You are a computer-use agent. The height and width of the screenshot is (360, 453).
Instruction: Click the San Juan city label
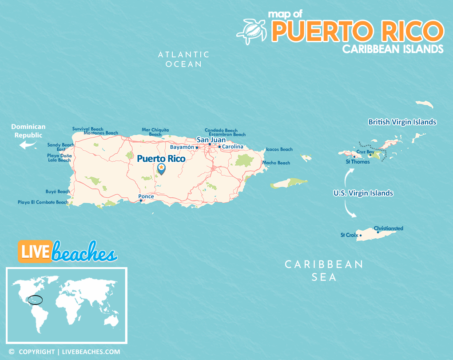click(211, 140)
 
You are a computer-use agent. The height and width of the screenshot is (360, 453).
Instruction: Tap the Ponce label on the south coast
click(146, 196)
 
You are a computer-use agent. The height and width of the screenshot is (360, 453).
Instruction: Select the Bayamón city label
click(182, 147)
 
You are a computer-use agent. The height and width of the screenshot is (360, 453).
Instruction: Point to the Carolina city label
click(233, 147)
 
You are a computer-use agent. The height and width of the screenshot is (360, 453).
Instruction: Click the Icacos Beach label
click(279, 149)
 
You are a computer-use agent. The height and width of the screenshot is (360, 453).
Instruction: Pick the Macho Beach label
click(276, 163)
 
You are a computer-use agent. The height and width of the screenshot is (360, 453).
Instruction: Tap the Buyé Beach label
click(58, 192)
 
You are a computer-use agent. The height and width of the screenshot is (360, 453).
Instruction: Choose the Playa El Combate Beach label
click(43, 202)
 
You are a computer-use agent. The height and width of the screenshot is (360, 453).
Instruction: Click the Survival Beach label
click(88, 129)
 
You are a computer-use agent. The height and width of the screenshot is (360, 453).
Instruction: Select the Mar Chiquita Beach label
click(155, 132)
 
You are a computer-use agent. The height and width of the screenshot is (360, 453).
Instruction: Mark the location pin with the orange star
click(161, 168)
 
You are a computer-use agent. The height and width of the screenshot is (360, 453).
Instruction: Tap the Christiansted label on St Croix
click(389, 228)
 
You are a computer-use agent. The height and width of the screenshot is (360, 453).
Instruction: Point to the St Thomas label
click(358, 162)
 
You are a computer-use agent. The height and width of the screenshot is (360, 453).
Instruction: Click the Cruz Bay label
click(365, 152)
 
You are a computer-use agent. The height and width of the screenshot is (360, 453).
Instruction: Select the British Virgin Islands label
click(402, 122)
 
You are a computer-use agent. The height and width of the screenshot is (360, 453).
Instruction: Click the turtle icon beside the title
click(251, 31)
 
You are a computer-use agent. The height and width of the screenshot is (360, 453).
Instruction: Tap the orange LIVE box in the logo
click(34, 251)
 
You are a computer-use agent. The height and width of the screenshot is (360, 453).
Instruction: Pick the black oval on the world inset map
click(35, 300)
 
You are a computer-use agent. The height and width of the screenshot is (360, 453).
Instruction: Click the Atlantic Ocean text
click(184, 59)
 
